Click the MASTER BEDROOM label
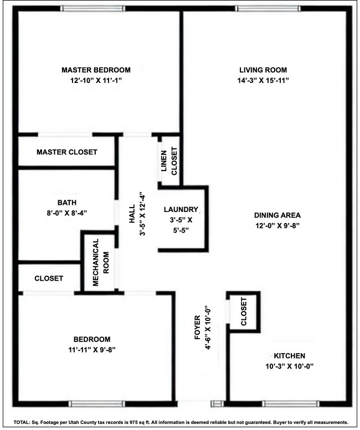(96, 70)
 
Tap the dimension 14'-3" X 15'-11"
(263, 81)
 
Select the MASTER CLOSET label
(67, 152)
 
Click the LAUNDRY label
(181, 210)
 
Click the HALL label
(132, 213)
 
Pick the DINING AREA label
(277, 215)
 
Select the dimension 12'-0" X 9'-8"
(277, 225)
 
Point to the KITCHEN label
(289, 356)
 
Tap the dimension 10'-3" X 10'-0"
(289, 366)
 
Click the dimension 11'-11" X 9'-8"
(92, 349)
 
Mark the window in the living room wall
(268, 8)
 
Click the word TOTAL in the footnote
(22, 422)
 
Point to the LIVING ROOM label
(263, 70)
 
